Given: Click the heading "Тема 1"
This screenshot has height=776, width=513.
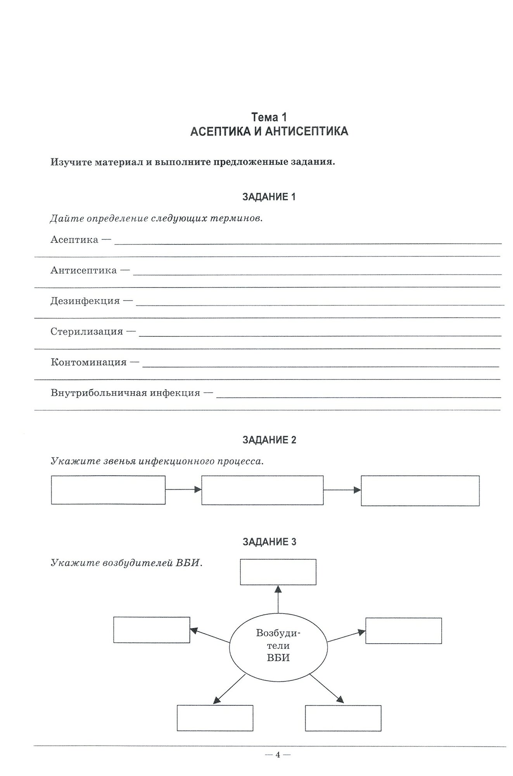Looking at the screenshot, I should (x=269, y=117).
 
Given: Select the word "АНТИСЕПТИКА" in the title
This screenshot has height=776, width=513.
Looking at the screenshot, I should (x=306, y=132).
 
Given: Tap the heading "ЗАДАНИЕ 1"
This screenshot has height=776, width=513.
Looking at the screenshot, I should (x=269, y=197).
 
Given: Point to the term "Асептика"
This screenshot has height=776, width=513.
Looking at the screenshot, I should (x=74, y=240).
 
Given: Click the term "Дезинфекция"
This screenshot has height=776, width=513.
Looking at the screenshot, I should (x=85, y=301).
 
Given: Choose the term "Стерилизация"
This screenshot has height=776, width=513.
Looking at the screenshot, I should (x=87, y=332).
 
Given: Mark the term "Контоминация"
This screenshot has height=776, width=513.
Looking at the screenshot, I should (x=88, y=362).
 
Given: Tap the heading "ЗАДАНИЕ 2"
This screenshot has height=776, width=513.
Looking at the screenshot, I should (x=269, y=440).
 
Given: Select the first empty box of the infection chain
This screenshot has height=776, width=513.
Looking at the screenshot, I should (x=108, y=490).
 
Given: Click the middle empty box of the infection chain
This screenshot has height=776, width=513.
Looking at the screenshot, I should (x=262, y=490).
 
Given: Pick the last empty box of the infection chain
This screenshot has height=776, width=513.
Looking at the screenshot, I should (x=420, y=491).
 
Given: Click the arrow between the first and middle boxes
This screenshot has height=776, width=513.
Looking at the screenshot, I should (x=183, y=490).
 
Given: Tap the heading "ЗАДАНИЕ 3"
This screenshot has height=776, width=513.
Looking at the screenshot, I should (x=269, y=542).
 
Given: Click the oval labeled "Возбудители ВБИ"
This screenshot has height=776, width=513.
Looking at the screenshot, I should (x=278, y=645).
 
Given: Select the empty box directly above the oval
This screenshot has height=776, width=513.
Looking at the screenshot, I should (x=278, y=572).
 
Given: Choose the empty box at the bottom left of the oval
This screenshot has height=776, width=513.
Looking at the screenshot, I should (x=215, y=718).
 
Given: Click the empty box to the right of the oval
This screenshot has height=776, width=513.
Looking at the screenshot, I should (x=403, y=631).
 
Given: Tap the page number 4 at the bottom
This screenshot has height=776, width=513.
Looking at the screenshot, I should (x=278, y=755).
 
